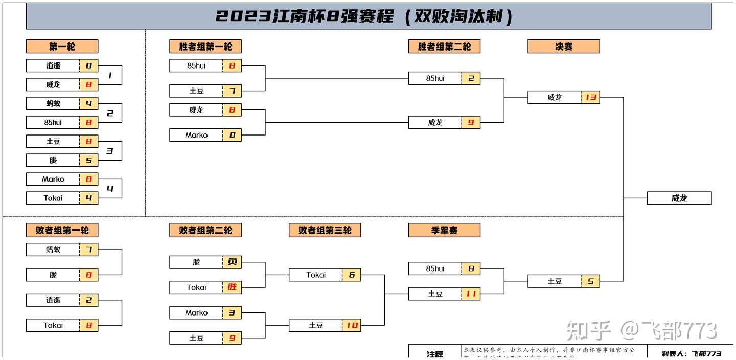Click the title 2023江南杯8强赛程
click(364, 16)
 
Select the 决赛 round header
click(563, 47)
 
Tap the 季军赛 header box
click(444, 231)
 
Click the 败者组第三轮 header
click(325, 231)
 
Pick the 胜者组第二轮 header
click(444, 47)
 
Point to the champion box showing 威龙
click(679, 198)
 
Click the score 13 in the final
click(590, 97)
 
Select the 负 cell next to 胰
click(232, 262)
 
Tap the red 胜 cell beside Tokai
click(232, 287)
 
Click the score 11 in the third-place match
click(471, 294)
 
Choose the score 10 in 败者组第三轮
click(351, 325)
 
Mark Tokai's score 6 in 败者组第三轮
click(351, 275)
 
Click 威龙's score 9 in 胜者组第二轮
click(471, 123)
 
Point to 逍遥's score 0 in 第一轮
click(88, 65)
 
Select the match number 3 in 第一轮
click(109, 151)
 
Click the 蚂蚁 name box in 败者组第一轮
click(53, 250)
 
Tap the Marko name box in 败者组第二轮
click(196, 313)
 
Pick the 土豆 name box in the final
click(555, 281)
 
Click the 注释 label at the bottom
click(435, 354)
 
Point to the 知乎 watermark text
click(588, 331)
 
